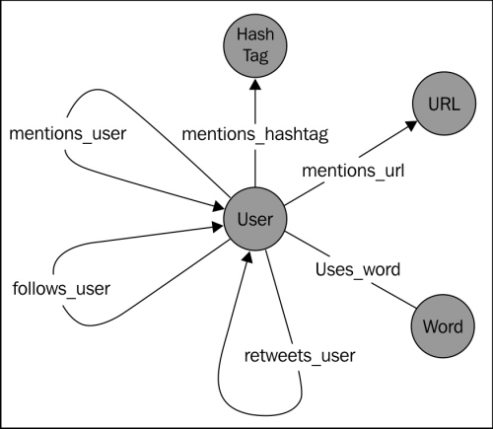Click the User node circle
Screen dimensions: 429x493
(254, 219)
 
